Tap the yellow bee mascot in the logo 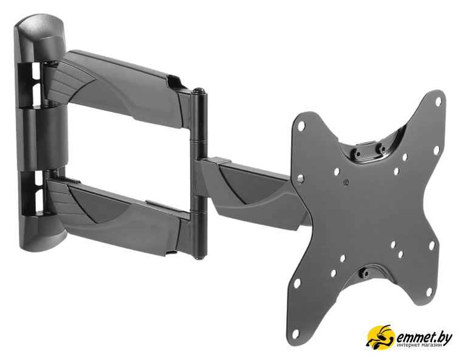click(x=380, y=337)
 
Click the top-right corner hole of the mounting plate click(x=438, y=102)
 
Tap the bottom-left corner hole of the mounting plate click(x=295, y=334)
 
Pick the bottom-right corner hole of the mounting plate click(x=429, y=291)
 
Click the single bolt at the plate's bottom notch click(x=365, y=274)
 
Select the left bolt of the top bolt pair click(x=357, y=153)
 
